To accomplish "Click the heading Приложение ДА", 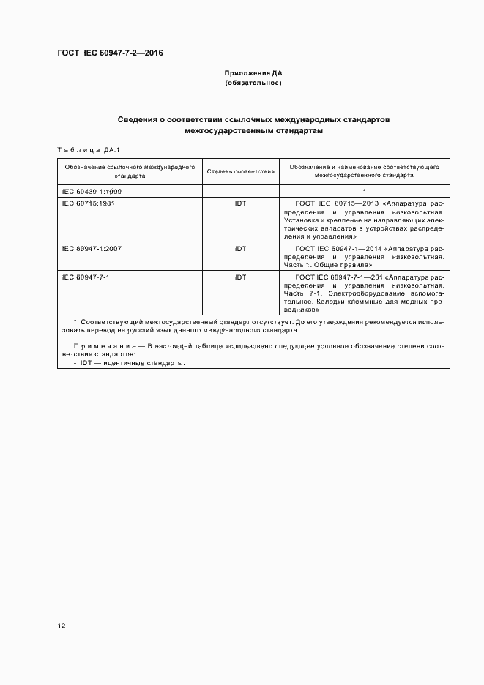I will (x=253, y=73).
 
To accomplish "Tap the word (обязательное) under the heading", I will (x=253, y=83).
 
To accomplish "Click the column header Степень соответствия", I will (x=241, y=171).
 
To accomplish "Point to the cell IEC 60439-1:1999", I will (x=92, y=190).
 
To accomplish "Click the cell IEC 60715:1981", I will (x=89, y=203).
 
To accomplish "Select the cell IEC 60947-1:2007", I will (x=92, y=248).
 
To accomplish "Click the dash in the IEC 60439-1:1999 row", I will (x=241, y=191).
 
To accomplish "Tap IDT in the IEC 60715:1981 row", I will (x=241, y=203).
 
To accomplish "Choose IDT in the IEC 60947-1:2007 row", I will (x=241, y=248).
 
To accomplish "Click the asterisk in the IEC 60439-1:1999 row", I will (x=365, y=190).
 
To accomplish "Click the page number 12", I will (x=62, y=626).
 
